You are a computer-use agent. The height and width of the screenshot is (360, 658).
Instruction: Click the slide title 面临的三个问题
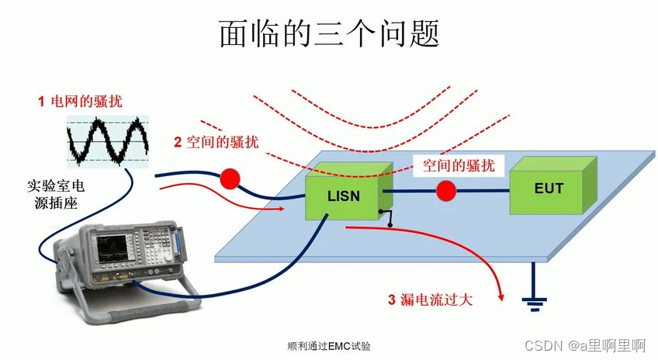point(329,33)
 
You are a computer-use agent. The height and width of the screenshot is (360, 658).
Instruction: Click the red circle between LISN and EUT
point(445,190)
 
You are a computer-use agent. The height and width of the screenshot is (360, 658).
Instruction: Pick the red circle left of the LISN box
point(230,178)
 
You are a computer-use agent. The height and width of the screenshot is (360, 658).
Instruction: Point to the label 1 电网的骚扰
point(80,101)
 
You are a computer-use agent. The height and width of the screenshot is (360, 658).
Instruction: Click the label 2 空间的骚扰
point(216,142)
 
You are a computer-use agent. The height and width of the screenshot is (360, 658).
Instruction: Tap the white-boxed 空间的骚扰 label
point(458,164)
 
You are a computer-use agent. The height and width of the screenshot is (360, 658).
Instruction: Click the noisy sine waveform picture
point(107,140)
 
